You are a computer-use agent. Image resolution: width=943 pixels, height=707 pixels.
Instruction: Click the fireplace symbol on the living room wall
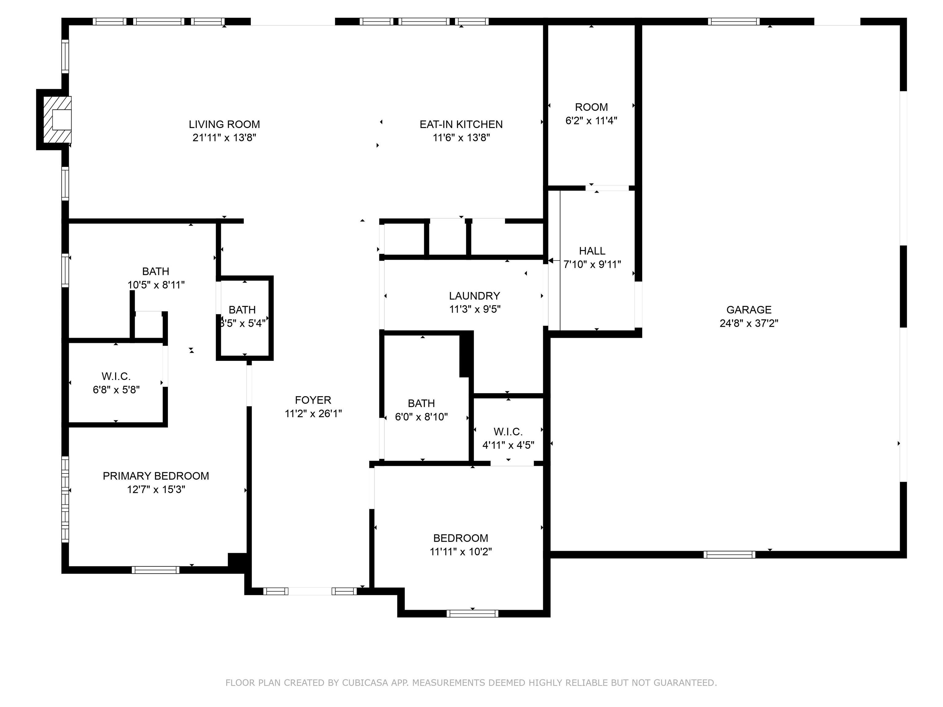pyautogui.click(x=57, y=120)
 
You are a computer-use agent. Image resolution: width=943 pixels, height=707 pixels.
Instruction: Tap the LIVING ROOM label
pyautogui.click(x=224, y=125)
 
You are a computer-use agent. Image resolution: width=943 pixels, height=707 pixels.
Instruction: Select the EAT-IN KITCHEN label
pyautogui.click(x=461, y=125)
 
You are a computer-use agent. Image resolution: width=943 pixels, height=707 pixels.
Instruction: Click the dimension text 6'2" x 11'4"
pyautogui.click(x=591, y=121)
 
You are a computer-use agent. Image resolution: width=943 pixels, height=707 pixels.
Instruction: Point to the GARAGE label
pyautogui.click(x=749, y=310)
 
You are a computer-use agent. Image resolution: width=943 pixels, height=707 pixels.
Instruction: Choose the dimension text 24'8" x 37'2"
pyautogui.click(x=749, y=323)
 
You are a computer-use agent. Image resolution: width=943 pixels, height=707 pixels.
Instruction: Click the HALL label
pyautogui.click(x=592, y=251)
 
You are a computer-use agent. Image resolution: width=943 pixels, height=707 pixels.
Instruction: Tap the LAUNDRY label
pyautogui.click(x=475, y=296)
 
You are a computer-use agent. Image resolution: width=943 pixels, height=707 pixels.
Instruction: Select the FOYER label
pyautogui.click(x=313, y=400)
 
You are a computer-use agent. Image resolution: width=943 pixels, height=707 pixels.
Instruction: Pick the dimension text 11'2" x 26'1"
pyautogui.click(x=313, y=413)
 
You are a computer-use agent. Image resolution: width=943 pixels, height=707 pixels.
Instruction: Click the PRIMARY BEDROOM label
pyautogui.click(x=156, y=476)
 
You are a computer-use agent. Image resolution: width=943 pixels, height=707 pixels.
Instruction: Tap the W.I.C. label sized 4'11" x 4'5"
pyautogui.click(x=508, y=432)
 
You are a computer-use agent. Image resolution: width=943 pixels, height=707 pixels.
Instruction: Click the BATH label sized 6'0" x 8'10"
pyautogui.click(x=421, y=403)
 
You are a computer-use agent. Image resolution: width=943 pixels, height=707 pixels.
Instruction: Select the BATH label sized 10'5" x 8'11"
pyautogui.click(x=156, y=272)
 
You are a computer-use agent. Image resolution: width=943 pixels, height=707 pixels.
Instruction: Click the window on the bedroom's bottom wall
pyautogui.click(x=472, y=614)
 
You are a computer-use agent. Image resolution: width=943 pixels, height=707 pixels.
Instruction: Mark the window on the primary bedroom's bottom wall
pyautogui.click(x=156, y=570)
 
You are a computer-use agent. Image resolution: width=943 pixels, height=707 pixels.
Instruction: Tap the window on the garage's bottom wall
pyautogui.click(x=729, y=554)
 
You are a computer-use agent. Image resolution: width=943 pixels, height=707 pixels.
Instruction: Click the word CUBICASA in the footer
pyautogui.click(x=365, y=683)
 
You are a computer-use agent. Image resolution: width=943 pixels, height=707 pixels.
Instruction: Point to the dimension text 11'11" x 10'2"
pyautogui.click(x=461, y=552)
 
